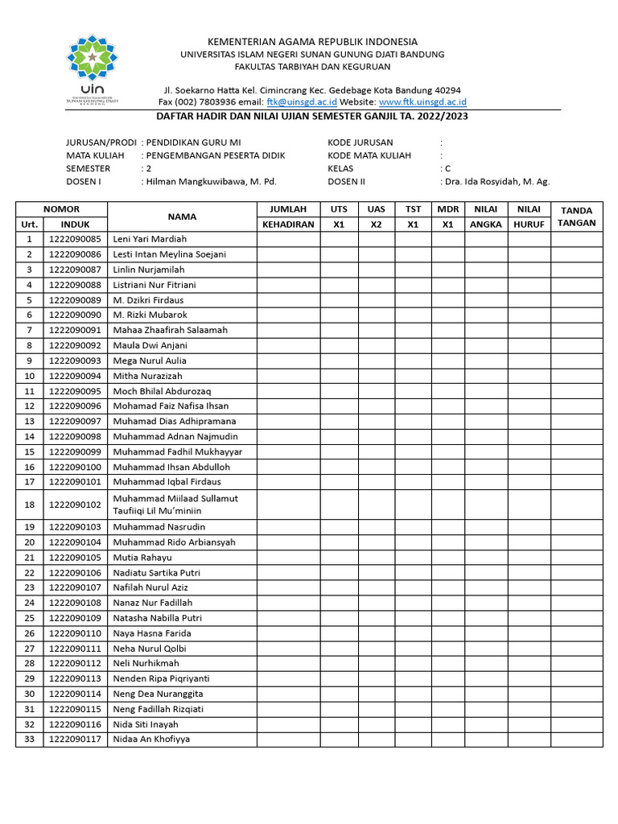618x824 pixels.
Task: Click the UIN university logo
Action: coord(96,71)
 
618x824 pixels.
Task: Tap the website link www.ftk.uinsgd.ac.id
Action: coord(422,102)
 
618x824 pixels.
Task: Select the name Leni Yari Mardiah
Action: coord(150,239)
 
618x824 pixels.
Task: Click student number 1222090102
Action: coord(75,505)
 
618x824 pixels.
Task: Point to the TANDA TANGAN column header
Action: coord(576,216)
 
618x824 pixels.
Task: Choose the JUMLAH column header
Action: coord(288,209)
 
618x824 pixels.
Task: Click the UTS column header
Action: coord(339,209)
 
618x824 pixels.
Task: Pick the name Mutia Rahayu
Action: coord(142,558)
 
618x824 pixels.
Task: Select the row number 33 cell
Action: coord(30,739)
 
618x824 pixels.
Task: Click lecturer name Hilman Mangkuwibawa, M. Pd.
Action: coord(212,182)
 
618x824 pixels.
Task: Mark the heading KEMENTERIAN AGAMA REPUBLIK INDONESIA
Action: coord(313,42)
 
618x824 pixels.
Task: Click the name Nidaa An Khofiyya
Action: coord(151,739)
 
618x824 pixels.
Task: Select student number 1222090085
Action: coord(75,239)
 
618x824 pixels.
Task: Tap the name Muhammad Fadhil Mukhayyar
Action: coord(177,451)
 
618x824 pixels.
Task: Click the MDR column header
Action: coord(447,209)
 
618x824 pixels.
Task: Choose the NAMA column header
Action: coord(182,216)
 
